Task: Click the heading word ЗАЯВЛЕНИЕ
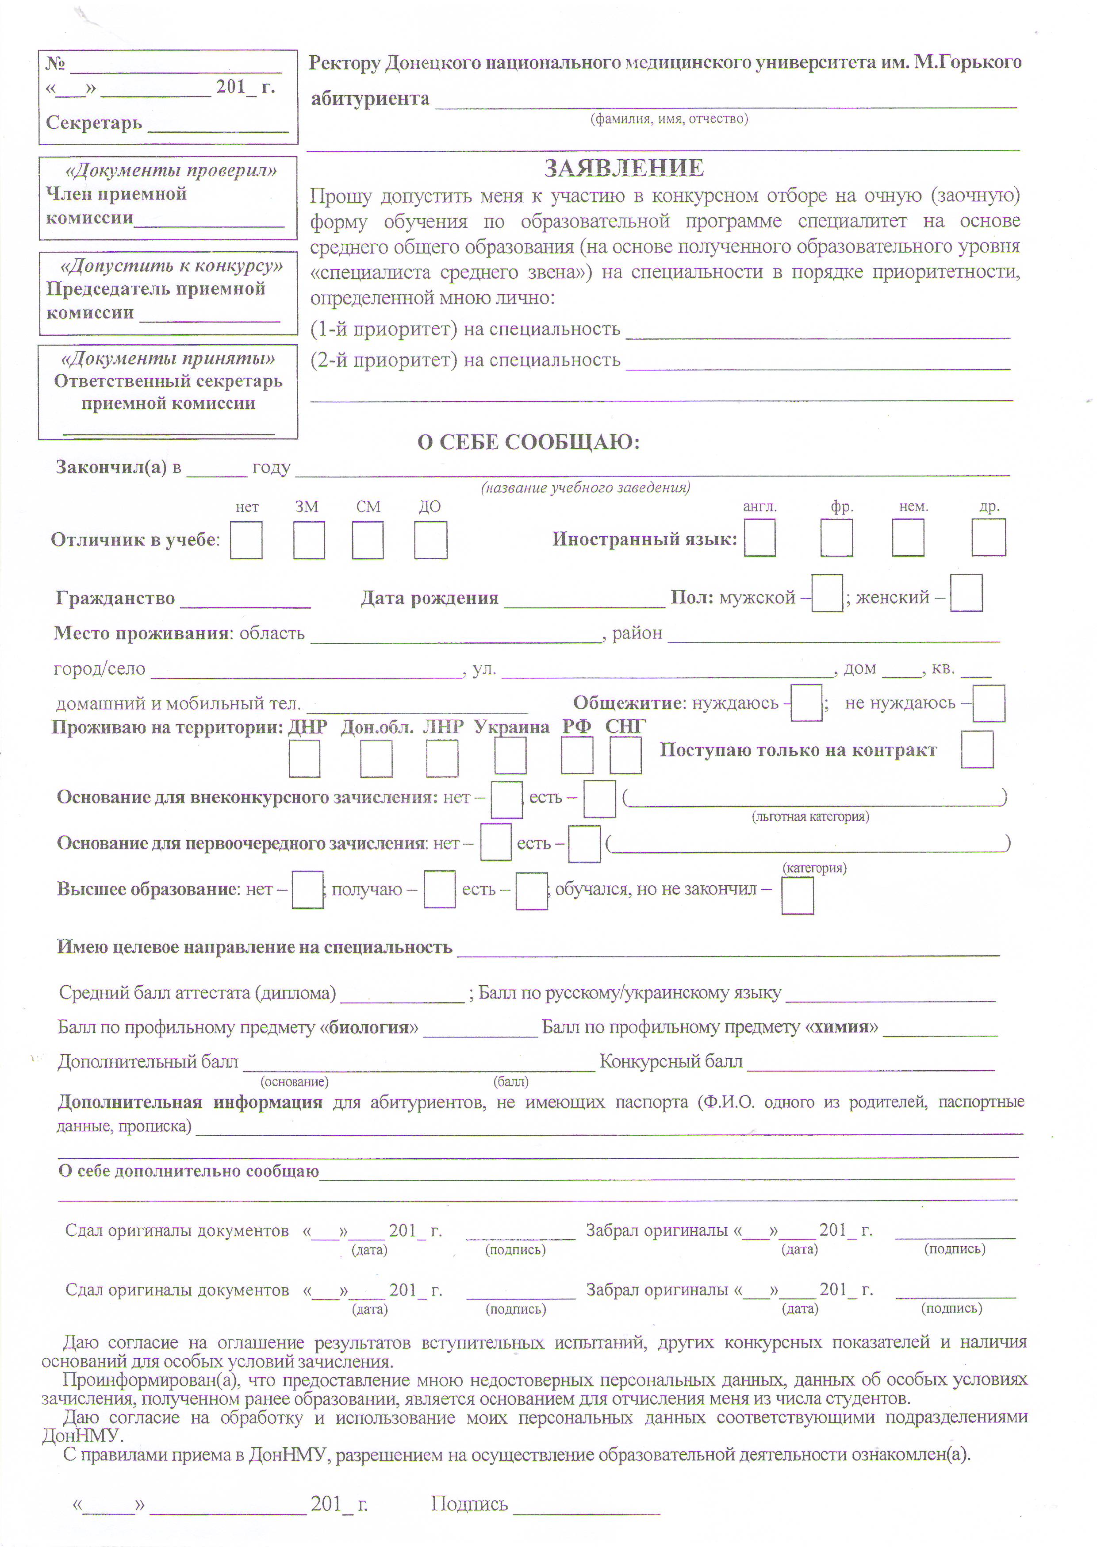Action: tap(624, 168)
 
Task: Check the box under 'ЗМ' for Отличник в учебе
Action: tap(309, 540)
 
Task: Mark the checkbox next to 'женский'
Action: tap(966, 593)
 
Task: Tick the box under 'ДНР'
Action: tap(304, 758)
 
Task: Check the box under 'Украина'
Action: tap(510, 756)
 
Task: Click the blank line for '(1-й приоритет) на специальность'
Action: tap(818, 331)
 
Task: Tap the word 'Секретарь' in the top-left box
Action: tap(94, 123)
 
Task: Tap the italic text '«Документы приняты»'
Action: tap(168, 358)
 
